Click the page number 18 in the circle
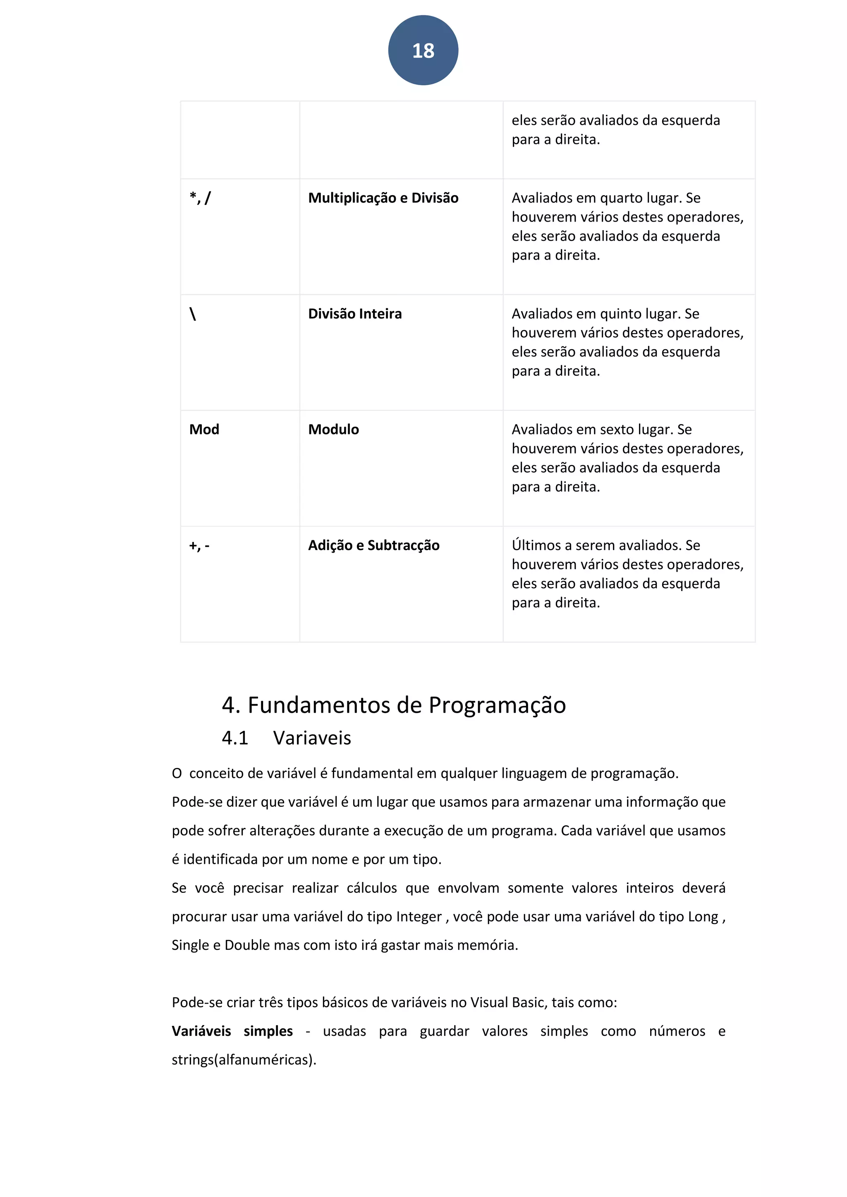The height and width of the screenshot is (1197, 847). [x=423, y=50]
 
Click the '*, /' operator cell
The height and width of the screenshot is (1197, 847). [x=200, y=198]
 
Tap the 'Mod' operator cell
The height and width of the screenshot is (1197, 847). [x=204, y=429]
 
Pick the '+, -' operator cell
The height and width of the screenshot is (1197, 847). [x=199, y=546]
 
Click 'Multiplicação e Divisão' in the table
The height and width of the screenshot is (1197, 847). [x=383, y=198]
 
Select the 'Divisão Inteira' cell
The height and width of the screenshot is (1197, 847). [x=355, y=314]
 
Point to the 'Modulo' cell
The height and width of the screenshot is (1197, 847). [x=333, y=429]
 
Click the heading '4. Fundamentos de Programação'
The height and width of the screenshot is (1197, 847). [x=394, y=706]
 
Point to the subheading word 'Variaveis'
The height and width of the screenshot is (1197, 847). [x=312, y=738]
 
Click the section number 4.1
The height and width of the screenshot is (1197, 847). [x=234, y=738]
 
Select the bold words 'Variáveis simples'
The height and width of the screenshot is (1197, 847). [x=232, y=1032]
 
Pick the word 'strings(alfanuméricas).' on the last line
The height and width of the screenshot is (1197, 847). [x=244, y=1061]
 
